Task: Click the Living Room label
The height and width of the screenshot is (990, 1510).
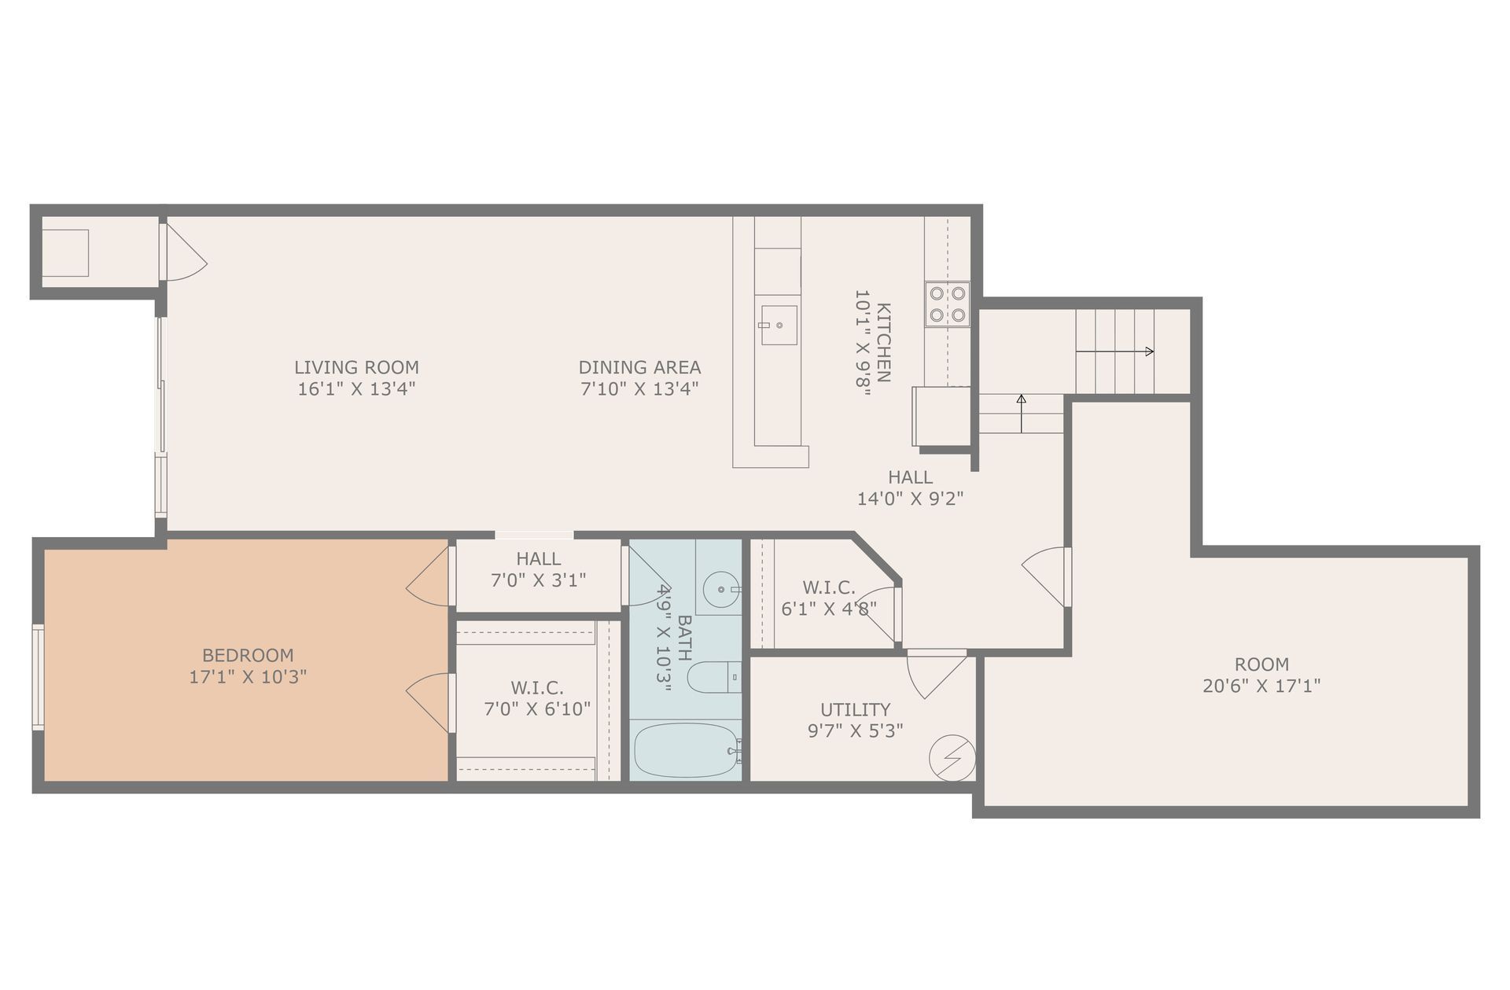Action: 356,367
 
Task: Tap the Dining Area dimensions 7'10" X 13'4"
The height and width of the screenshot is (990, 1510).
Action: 639,388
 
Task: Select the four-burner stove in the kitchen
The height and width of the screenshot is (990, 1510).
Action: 947,304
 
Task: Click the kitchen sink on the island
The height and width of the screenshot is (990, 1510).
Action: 778,325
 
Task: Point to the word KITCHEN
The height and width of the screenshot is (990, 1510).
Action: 883,342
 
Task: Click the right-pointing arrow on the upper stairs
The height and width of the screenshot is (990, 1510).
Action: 1148,351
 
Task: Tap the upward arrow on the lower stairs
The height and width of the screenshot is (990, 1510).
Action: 1021,401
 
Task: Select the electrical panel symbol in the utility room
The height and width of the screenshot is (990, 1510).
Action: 952,757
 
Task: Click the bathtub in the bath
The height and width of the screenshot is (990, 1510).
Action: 685,750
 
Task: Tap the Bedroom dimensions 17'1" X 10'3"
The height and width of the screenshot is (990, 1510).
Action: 248,676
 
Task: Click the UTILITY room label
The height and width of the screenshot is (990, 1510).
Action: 855,709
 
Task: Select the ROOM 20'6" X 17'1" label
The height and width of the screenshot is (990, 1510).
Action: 1261,675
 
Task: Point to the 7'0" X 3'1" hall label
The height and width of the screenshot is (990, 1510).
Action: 538,580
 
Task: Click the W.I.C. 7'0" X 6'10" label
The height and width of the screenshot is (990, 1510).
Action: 536,699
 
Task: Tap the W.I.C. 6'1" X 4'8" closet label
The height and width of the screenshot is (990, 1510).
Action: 828,598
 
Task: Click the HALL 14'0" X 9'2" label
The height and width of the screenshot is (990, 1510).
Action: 910,488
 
